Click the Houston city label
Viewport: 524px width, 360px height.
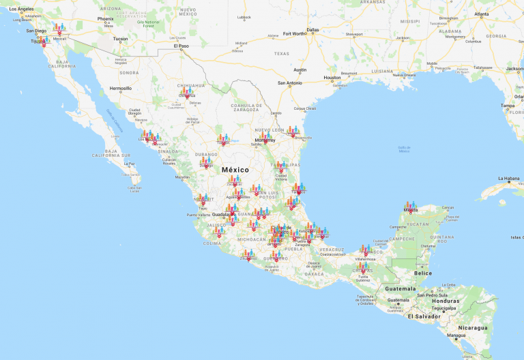(332, 77)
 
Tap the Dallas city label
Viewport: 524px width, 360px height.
(312, 30)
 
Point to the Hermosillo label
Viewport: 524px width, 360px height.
(120, 88)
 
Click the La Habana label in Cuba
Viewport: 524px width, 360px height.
(509, 179)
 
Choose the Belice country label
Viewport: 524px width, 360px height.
(423, 273)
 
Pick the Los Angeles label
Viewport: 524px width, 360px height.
(21, 9)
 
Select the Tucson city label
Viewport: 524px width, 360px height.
(120, 38)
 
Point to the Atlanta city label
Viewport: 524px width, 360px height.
(482, 14)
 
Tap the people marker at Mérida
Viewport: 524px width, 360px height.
(410, 205)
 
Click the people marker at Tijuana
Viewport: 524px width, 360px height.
(38, 39)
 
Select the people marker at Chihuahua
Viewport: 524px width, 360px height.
(186, 91)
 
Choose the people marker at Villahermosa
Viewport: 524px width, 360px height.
(365, 250)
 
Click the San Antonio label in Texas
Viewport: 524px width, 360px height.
(289, 83)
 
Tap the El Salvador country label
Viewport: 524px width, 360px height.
(424, 316)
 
